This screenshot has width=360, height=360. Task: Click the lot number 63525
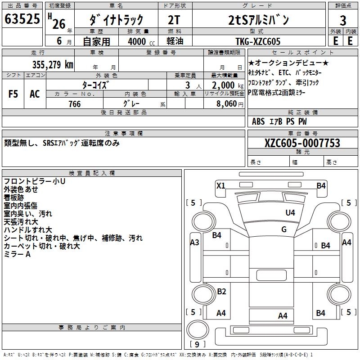tap(22, 19)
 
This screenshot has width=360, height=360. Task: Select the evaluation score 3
tap(343, 20)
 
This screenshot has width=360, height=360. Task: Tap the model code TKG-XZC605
tap(258, 41)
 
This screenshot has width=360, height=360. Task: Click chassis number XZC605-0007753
tap(302, 143)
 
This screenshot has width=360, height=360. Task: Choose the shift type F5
tap(13, 94)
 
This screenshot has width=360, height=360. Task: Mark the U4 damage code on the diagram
tap(290, 212)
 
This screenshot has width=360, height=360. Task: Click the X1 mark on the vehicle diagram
tap(220, 185)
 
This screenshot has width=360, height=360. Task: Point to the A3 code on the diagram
tap(195, 243)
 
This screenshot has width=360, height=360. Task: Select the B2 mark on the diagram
tap(221, 291)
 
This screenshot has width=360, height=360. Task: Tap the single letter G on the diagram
tap(284, 229)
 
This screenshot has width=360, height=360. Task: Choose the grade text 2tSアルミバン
tap(258, 20)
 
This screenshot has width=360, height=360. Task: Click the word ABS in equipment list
tap(258, 121)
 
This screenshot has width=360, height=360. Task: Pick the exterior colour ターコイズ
tap(95, 85)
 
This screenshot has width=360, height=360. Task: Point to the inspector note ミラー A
tap(17, 254)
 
